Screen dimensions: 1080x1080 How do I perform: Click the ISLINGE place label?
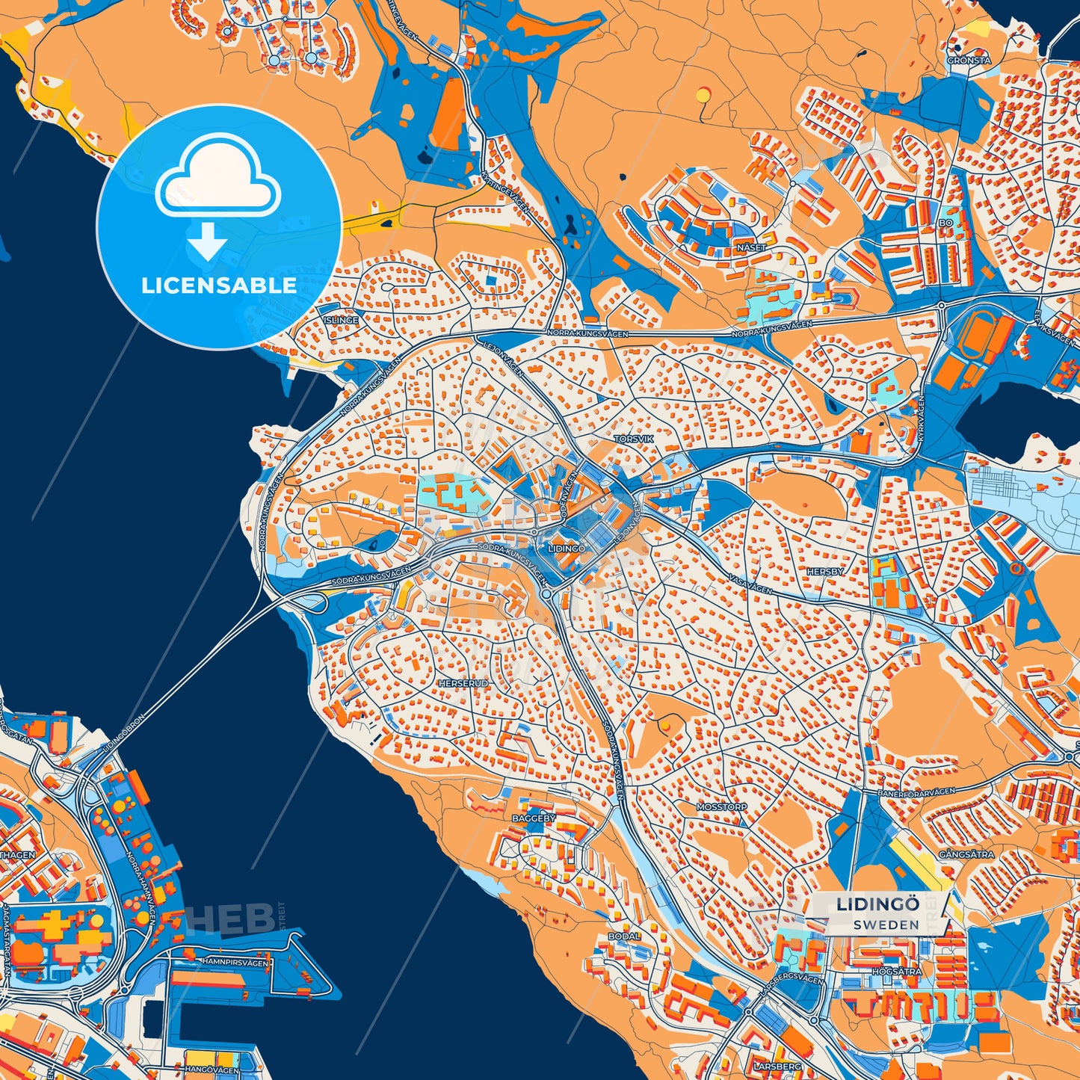coord(341,320)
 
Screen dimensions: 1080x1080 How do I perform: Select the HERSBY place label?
coord(825,572)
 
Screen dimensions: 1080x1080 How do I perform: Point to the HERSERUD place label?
coord(463,683)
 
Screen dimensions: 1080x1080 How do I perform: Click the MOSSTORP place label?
coord(721,807)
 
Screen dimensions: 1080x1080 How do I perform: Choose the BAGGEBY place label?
coord(534,818)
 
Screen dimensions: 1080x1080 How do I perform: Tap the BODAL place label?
coord(624,936)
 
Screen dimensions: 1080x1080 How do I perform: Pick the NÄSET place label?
coord(751,247)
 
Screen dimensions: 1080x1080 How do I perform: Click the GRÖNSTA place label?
coord(969,61)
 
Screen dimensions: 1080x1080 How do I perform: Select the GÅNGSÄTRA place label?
coord(966,854)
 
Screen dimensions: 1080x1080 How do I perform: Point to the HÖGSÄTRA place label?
coord(897,972)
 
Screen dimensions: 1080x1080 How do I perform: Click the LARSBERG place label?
coord(778,1067)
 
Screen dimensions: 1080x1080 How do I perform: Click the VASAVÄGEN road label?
coord(750,584)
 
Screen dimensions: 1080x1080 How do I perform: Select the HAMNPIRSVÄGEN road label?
coord(235,963)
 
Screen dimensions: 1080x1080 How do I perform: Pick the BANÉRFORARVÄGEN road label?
coord(916,792)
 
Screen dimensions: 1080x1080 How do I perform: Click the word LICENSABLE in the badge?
coord(219,286)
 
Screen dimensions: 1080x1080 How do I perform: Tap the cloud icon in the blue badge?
coord(217,176)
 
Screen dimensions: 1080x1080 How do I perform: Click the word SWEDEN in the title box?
coord(886,925)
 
